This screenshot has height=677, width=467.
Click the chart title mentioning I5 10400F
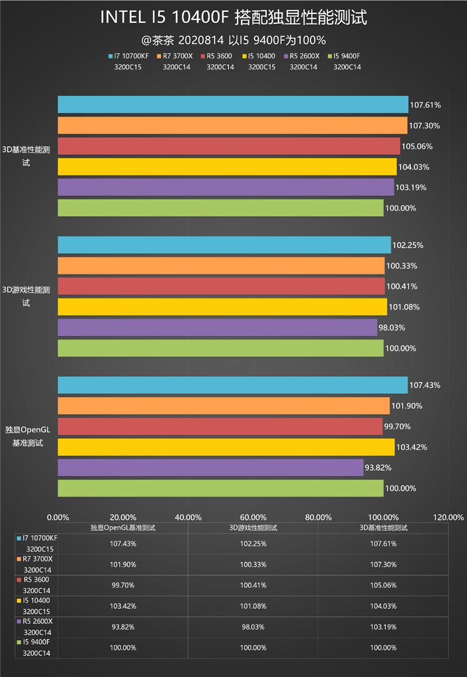pyautogui.click(x=233, y=18)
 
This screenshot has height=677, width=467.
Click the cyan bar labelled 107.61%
pyautogui.click(x=233, y=105)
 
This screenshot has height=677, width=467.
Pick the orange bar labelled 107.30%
pyautogui.click(x=232, y=126)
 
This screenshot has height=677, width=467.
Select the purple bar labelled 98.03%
pyautogui.click(x=217, y=328)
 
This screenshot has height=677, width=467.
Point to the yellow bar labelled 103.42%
pyautogui.click(x=226, y=447)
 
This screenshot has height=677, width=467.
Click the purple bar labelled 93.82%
pyautogui.click(x=210, y=467)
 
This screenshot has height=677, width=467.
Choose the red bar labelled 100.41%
pyautogui.click(x=221, y=286)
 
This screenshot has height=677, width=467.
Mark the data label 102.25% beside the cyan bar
pyautogui.click(x=408, y=245)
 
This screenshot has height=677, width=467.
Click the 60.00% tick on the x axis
pyautogui.click(x=253, y=517)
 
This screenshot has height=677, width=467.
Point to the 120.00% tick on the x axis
pyautogui.click(x=448, y=517)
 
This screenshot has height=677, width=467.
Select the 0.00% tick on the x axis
pyautogui.click(x=57, y=517)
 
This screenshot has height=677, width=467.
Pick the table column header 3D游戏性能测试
pyautogui.click(x=253, y=527)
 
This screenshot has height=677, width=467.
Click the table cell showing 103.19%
pyautogui.click(x=383, y=627)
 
